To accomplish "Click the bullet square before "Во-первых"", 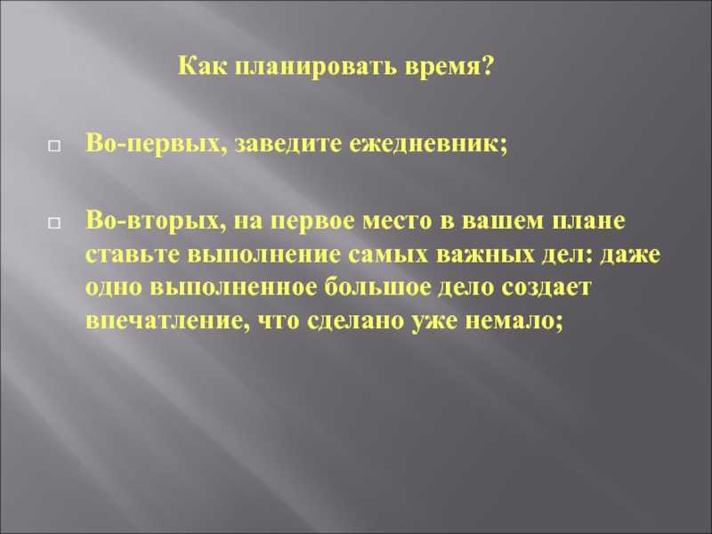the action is pyautogui.click(x=54, y=146).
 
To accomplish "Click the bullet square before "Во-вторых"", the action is pyautogui.click(x=54, y=222).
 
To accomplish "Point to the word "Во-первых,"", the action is pyautogui.click(x=157, y=145).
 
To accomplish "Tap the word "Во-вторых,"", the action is pyautogui.click(x=157, y=221).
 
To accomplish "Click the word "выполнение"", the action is pyautogui.click(x=263, y=255).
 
